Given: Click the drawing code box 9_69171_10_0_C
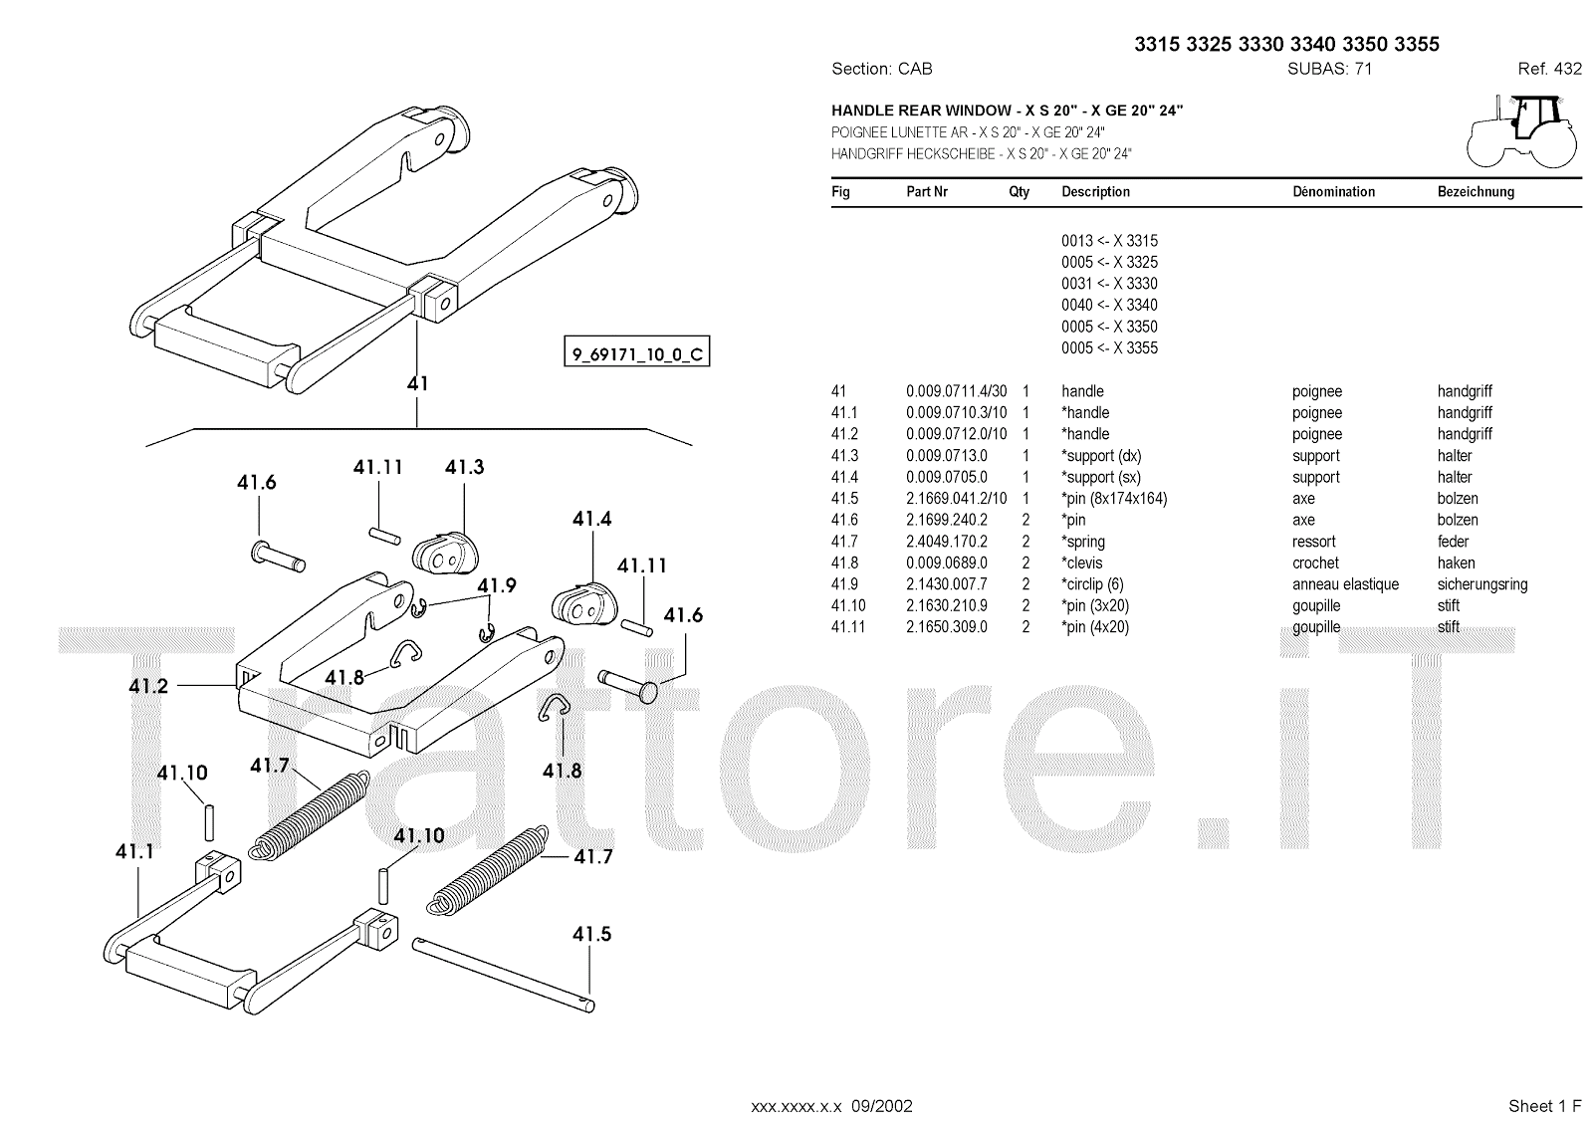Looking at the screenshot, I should click(637, 353).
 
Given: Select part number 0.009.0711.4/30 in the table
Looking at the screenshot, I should click(956, 391).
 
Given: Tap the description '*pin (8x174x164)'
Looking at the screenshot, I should click(1114, 499).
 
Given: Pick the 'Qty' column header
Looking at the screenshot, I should click(1019, 192).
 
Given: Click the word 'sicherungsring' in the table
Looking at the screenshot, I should click(1481, 584).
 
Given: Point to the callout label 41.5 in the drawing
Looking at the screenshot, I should click(591, 934).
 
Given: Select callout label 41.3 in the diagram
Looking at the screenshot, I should click(464, 467).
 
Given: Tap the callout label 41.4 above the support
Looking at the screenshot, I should click(591, 519).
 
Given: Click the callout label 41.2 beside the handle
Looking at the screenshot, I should click(148, 685).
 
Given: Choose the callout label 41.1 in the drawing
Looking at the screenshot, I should click(134, 851).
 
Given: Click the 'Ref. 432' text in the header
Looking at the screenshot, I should click(1549, 69).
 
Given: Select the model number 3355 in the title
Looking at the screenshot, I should click(1417, 44).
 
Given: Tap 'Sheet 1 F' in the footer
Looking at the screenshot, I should click(1544, 1105).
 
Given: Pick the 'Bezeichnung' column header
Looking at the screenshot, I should click(1476, 192).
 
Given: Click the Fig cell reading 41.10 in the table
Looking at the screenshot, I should click(848, 605).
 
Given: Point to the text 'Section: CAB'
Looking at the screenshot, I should click(881, 69).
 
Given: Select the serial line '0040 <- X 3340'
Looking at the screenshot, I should click(1109, 305).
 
